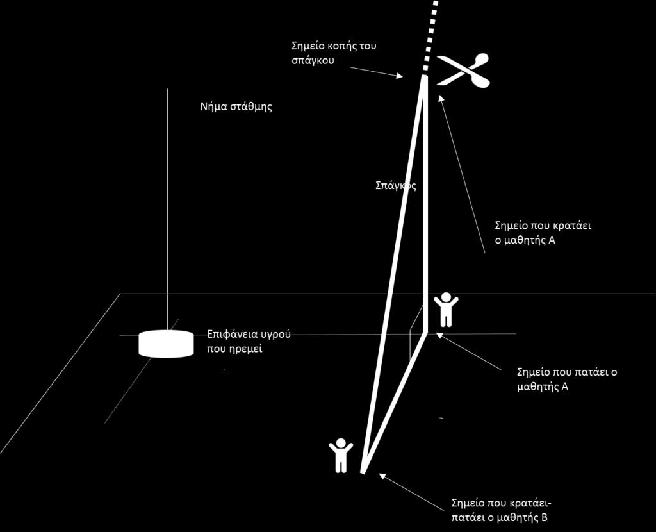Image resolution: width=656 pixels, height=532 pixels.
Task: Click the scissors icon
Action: click(464, 71)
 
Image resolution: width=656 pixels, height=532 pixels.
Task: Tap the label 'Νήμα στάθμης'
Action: click(236, 106)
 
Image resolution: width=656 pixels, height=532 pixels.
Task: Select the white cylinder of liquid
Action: click(166, 344)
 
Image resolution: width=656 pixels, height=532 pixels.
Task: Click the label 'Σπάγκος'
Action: click(396, 185)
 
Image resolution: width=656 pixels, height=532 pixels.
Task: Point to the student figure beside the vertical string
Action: click(446, 309)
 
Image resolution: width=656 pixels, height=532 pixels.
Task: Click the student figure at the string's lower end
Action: click(341, 455)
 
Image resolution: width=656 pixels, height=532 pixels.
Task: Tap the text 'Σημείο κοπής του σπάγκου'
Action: click(334, 53)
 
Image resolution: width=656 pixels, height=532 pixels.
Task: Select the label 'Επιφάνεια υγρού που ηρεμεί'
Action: click(249, 341)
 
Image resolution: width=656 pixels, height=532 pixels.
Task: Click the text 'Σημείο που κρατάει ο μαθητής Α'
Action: click(543, 233)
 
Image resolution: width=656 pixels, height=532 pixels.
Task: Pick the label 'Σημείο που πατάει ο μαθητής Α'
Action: click(568, 379)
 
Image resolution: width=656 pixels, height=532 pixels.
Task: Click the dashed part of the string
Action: click(430, 35)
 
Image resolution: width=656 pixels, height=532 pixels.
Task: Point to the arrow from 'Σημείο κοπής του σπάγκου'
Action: click(376, 72)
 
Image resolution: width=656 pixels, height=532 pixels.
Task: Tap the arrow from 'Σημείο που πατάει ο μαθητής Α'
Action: click(468, 351)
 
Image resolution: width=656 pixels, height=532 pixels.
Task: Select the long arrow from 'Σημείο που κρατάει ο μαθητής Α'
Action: click(462, 174)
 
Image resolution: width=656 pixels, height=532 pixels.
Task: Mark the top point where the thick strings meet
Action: click(425, 77)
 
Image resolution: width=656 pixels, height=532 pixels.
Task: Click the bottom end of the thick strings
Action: click(363, 472)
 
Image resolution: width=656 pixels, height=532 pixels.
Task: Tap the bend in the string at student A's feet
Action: click(425, 332)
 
